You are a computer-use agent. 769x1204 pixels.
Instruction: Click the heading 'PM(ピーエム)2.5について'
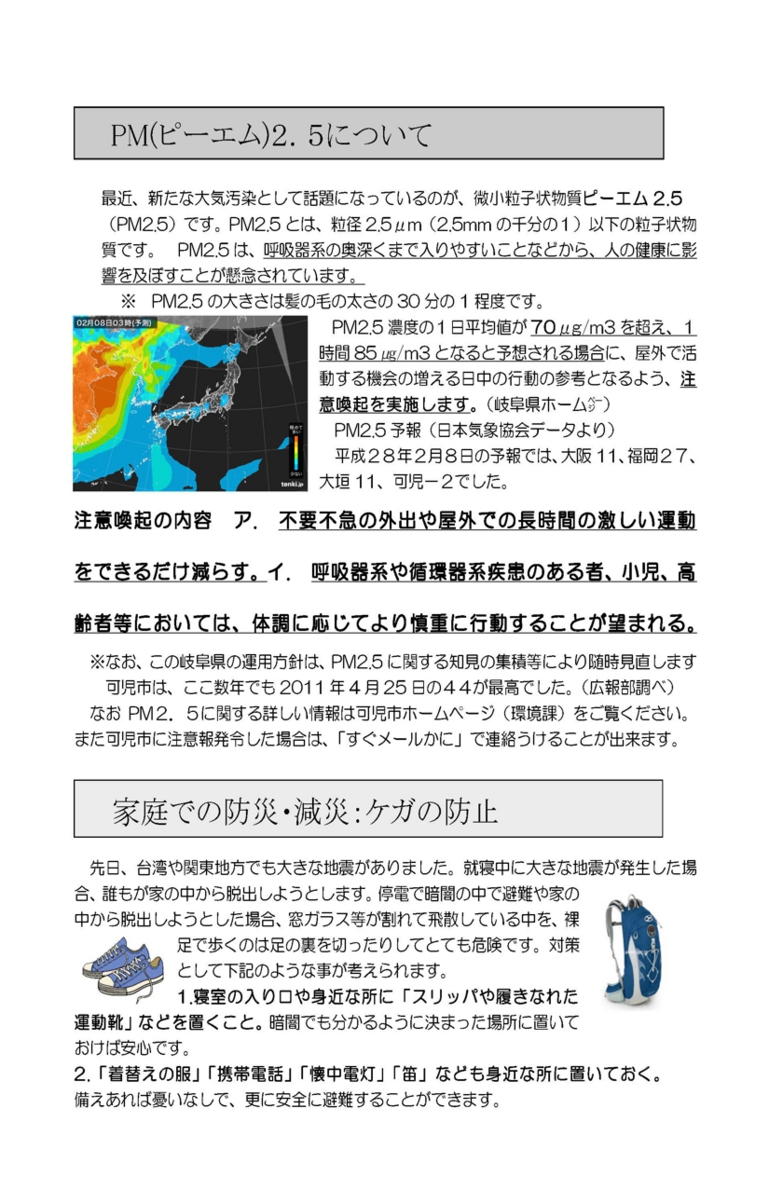(x=271, y=135)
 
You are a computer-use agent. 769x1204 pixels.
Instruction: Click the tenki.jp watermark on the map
(x=290, y=483)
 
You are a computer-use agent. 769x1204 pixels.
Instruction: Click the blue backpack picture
(x=632, y=950)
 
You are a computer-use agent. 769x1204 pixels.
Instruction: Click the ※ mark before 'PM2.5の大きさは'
(x=128, y=302)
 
